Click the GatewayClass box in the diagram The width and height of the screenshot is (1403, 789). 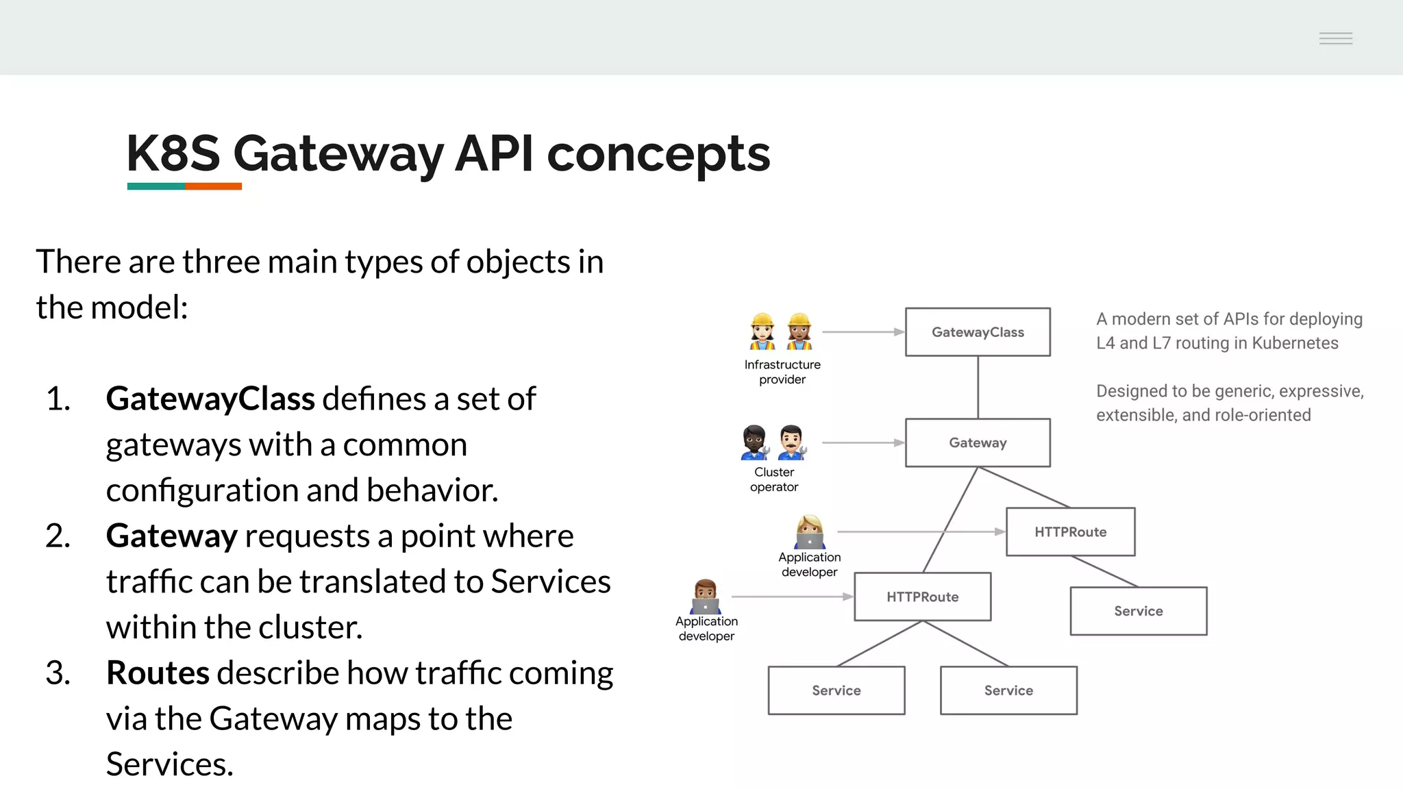pyautogui.click(x=978, y=332)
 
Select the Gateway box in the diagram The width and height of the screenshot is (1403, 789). pyautogui.click(x=978, y=443)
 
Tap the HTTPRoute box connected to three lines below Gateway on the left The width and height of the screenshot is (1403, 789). pyautogui.click(x=922, y=597)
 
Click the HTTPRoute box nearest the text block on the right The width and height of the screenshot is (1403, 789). pyautogui.click(x=1070, y=532)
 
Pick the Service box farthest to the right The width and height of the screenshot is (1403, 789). pyautogui.click(x=1138, y=611)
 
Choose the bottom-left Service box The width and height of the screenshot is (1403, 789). pyautogui.click(x=836, y=690)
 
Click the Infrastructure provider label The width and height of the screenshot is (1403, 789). pyautogui.click(x=782, y=372)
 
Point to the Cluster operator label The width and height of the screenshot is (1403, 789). pyautogui.click(x=774, y=479)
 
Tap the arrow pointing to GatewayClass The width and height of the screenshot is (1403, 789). pyautogui.click(x=863, y=332)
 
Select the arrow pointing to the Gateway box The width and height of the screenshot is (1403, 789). pyautogui.click(x=863, y=443)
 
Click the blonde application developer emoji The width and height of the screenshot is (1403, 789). pyautogui.click(x=810, y=532)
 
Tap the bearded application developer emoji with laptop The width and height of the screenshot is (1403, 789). pyautogui.click(x=706, y=597)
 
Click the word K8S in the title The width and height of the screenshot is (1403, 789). pyautogui.click(x=173, y=153)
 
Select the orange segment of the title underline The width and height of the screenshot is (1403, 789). pyautogui.click(x=213, y=186)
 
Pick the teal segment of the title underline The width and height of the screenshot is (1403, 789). pyautogui.click(x=156, y=186)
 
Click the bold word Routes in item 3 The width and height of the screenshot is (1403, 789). pyautogui.click(x=158, y=673)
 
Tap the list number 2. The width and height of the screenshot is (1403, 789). pyautogui.click(x=58, y=536)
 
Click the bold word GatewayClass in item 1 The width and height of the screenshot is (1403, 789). pyautogui.click(x=210, y=399)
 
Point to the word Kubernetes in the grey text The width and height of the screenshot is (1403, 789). pyautogui.click(x=1295, y=343)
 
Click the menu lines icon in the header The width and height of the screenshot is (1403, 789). pyautogui.click(x=1335, y=38)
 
